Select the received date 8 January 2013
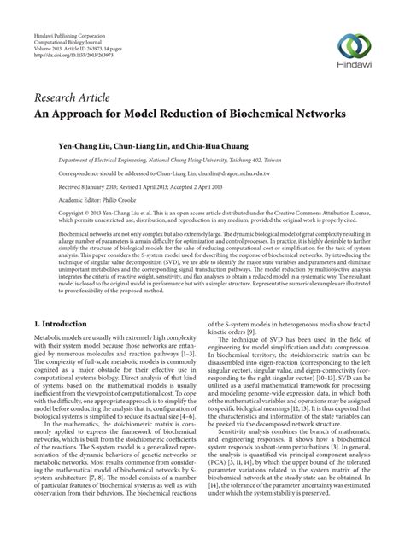click(99, 188)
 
